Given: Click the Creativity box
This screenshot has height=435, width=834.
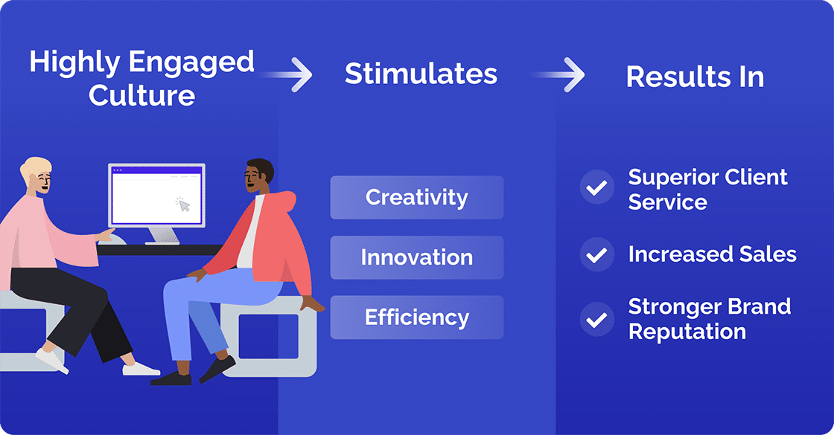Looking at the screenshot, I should point(416,198).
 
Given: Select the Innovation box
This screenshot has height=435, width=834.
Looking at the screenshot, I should point(416,257).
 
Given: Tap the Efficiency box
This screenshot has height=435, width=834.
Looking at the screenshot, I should point(416,318).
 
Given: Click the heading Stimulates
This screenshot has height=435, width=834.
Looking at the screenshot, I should point(421,74).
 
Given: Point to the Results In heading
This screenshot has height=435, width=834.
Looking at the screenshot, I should point(695,77).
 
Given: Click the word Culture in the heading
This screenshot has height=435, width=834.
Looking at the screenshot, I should point(141,95).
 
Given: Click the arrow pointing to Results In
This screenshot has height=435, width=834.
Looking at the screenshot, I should point(561,75).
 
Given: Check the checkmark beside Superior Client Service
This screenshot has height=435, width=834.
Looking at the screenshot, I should point(596,189).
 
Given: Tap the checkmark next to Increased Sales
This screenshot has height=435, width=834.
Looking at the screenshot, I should point(596,255).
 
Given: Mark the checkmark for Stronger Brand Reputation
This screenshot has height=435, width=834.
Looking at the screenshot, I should point(596,320).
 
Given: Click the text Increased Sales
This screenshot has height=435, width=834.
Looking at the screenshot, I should point(712,254).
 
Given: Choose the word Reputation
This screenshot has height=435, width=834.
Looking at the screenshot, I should point(687,331).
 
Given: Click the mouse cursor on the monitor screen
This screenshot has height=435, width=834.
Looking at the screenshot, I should point(182,203).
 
